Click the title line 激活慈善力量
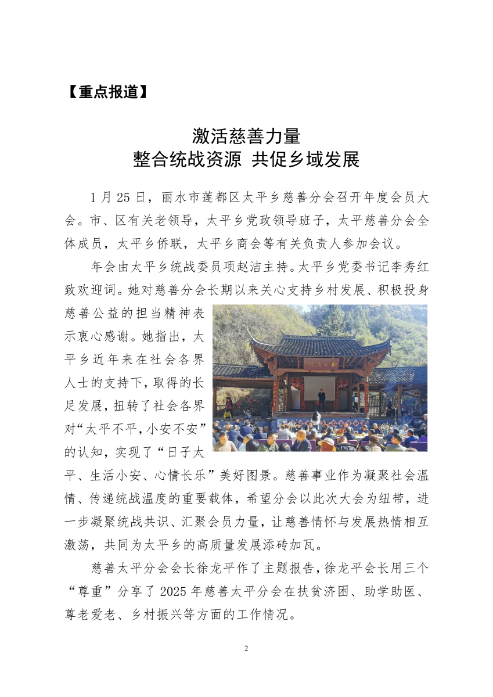click(246, 136)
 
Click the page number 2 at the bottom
click(246, 648)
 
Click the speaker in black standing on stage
click(321, 400)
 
